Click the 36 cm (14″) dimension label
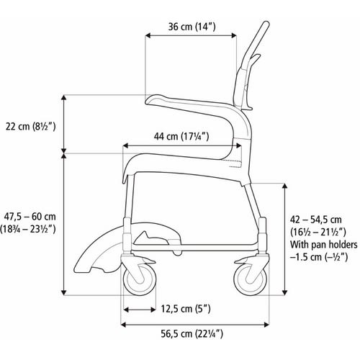(x=192, y=27)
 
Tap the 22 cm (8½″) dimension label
(x=31, y=126)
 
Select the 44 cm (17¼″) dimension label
(x=181, y=136)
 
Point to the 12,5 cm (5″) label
(x=186, y=309)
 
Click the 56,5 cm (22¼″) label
(x=192, y=334)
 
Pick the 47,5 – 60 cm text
(x=30, y=217)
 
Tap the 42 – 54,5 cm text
(x=315, y=220)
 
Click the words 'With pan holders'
(x=324, y=245)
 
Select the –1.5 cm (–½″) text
(x=319, y=257)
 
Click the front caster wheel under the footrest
(x=140, y=279)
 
